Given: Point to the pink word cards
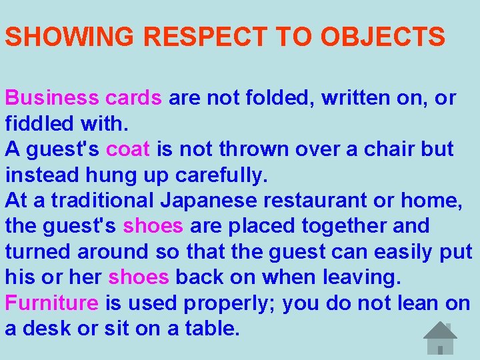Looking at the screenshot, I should click(133, 98).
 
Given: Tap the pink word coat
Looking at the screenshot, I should click(128, 149).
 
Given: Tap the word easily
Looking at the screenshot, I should click(399, 252).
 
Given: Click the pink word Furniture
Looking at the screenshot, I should click(52, 303).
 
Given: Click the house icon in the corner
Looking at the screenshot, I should click(441, 339).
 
